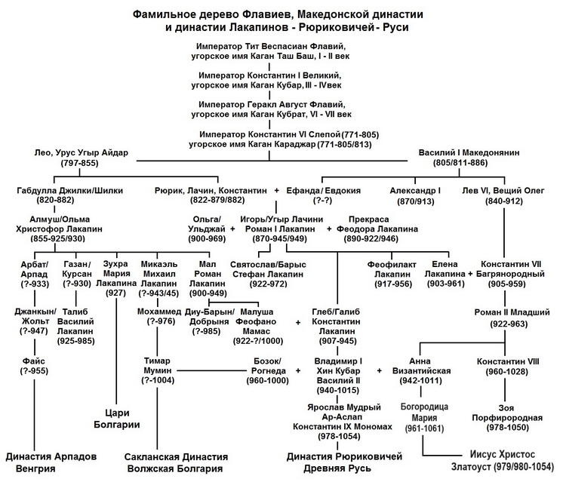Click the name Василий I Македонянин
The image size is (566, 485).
469,152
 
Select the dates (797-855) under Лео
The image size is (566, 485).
79,163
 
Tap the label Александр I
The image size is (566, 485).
415,191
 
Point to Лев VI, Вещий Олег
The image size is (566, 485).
503,191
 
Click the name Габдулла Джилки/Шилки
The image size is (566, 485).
69,191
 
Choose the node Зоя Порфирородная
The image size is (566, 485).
507,413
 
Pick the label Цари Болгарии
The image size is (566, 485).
116,419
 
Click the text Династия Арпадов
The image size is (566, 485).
51,456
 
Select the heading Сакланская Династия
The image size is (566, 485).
176,457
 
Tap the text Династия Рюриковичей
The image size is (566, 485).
344,456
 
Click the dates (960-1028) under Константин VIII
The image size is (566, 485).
507,371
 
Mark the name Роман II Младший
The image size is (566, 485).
512,312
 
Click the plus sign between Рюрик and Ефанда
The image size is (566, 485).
277,191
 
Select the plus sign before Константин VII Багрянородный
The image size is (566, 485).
470,274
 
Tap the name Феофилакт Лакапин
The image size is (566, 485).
392,269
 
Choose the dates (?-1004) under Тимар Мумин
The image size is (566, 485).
158,380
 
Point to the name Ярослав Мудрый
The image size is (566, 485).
344,407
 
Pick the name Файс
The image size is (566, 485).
34,361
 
